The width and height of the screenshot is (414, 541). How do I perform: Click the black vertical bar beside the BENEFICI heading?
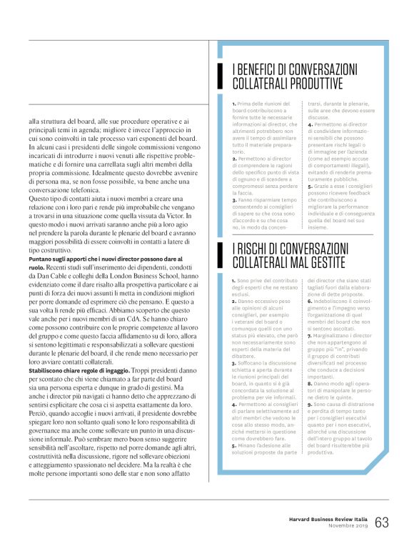[223, 78]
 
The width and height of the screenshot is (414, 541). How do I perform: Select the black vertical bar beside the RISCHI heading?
[223, 254]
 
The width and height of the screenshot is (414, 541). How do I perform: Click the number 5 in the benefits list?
[309, 194]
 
